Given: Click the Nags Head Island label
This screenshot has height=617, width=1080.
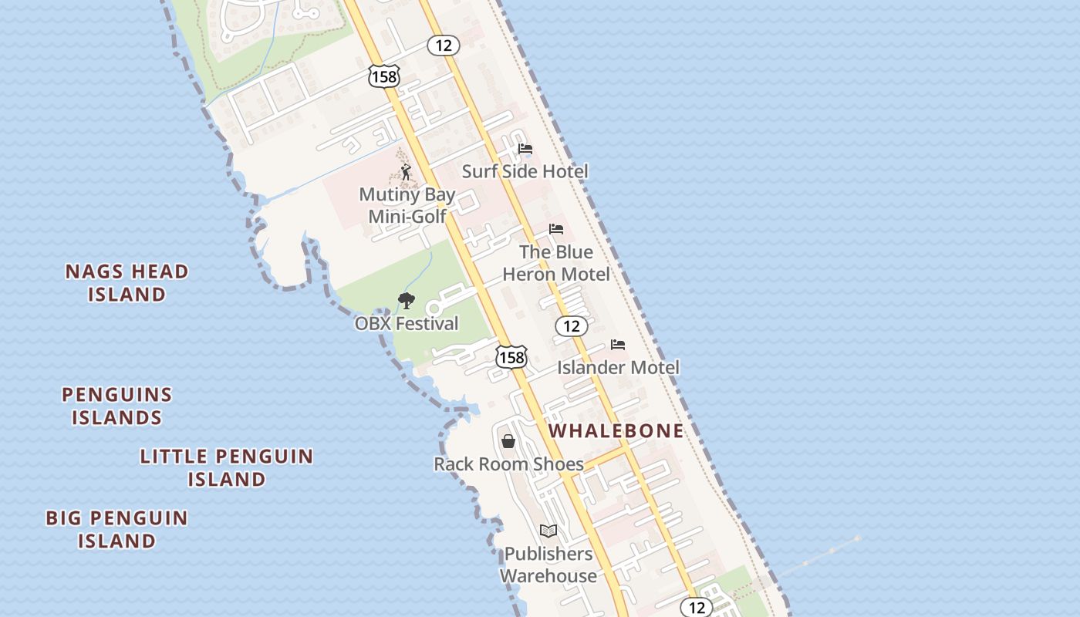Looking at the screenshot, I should (127, 282).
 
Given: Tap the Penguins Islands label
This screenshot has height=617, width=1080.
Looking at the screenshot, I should (116, 406).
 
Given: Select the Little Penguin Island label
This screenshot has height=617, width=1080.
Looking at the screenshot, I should (227, 467).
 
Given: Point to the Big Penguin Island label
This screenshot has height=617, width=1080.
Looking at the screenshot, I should (116, 529).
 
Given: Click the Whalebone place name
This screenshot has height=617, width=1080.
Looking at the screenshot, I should (616, 430).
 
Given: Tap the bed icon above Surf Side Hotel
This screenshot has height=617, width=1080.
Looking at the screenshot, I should (525, 148).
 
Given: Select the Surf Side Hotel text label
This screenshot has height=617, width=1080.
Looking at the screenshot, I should (525, 171).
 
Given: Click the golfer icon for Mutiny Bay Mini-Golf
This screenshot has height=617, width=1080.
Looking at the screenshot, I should (406, 172).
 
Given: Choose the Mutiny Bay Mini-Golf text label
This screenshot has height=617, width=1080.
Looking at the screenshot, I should (407, 205).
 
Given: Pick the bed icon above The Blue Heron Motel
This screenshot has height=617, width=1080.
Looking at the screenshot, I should (556, 229).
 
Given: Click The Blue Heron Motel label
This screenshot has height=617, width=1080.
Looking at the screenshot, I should (556, 263).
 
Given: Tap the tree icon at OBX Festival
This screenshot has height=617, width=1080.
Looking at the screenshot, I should (406, 301).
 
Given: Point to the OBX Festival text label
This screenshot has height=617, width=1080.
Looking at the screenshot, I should (407, 323).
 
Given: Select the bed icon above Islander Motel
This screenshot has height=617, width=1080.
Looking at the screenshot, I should (618, 345).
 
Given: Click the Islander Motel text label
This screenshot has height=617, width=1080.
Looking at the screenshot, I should (618, 367).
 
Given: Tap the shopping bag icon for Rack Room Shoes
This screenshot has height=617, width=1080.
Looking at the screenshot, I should (508, 441).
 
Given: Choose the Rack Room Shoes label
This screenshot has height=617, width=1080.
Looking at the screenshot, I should (508, 464).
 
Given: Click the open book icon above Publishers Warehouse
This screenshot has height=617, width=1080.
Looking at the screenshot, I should (548, 531).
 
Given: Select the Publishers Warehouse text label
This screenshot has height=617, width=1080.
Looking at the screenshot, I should (548, 565).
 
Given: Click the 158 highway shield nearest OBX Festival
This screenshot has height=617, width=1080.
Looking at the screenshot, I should (511, 356).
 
